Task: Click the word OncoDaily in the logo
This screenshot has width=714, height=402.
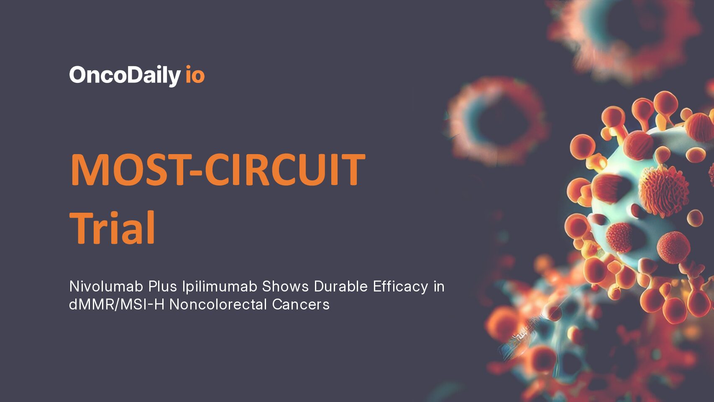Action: [x=125, y=75]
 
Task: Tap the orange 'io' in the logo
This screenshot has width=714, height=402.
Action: [x=195, y=75]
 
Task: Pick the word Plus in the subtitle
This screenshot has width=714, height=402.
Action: [x=163, y=286]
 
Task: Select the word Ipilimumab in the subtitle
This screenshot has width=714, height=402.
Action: [x=219, y=287]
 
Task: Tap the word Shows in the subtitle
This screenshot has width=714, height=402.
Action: [x=285, y=286]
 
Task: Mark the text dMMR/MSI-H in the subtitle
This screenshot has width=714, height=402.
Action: [x=116, y=304]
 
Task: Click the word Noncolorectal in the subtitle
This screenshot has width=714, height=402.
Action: [x=218, y=304]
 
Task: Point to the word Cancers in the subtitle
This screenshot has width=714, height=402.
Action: [x=301, y=304]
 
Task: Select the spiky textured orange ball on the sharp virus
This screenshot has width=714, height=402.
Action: [x=663, y=191]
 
